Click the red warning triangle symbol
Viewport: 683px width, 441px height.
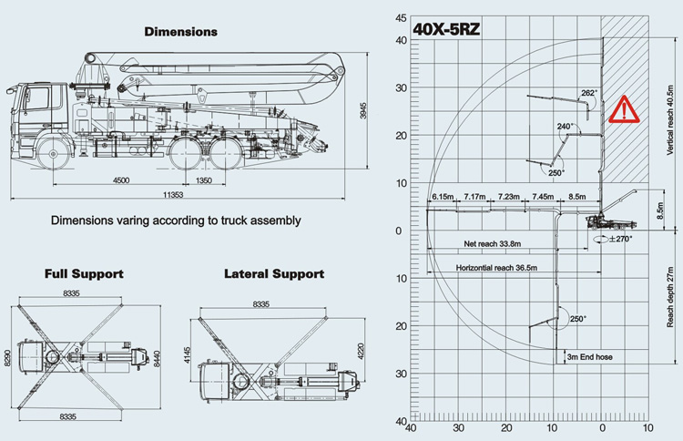pyautogui.click(x=624, y=109)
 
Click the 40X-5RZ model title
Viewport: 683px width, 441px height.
pyautogui.click(x=446, y=29)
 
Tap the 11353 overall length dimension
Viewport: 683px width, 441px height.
pyautogui.click(x=173, y=195)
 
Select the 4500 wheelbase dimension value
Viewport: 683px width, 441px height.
pyautogui.click(x=121, y=180)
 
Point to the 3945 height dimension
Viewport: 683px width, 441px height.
pyautogui.click(x=363, y=110)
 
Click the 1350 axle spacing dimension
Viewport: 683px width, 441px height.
pyautogui.click(x=203, y=180)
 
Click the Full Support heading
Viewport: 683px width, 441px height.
pyautogui.click(x=84, y=274)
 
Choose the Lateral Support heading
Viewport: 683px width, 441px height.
pyautogui.click(x=274, y=274)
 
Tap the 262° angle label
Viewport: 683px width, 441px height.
pyautogui.click(x=589, y=93)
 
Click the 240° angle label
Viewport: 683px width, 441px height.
pyautogui.click(x=565, y=127)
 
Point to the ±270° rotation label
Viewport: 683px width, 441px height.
pyautogui.click(x=621, y=239)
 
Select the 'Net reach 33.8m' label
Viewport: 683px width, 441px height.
pyautogui.click(x=492, y=243)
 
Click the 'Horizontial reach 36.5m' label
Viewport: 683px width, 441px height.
pyautogui.click(x=496, y=268)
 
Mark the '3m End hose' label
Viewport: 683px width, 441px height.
pyautogui.click(x=590, y=357)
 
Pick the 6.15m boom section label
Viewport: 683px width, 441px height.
pyautogui.click(x=443, y=197)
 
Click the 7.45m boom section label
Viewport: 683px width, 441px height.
pyautogui.click(x=543, y=197)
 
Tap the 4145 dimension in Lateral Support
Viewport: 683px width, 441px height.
pyautogui.click(x=188, y=355)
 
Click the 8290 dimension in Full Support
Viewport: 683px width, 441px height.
pyautogui.click(x=7, y=357)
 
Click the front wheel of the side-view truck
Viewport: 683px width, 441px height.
pyautogui.click(x=53, y=153)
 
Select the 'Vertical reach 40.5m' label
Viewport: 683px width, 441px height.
pyautogui.click(x=670, y=120)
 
